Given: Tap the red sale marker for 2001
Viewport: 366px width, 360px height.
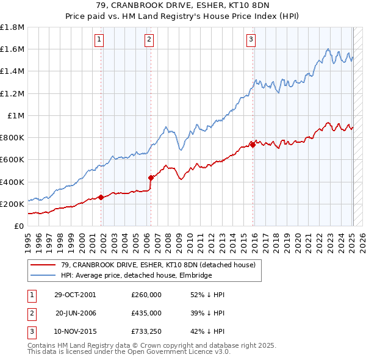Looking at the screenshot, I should point(101,197).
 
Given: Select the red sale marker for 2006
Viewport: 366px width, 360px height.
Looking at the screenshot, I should point(151,178).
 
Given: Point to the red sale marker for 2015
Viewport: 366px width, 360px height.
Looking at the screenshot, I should point(253,145).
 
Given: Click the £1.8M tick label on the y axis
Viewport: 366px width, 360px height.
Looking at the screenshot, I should point(12,27).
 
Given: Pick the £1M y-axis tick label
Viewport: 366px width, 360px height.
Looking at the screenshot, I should point(16,115).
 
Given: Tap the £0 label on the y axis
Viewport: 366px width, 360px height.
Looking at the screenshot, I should point(20,226).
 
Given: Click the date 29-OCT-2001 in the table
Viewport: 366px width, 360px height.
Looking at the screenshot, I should point(75,294).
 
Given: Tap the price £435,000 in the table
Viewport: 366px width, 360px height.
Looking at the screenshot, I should point(146,312).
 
